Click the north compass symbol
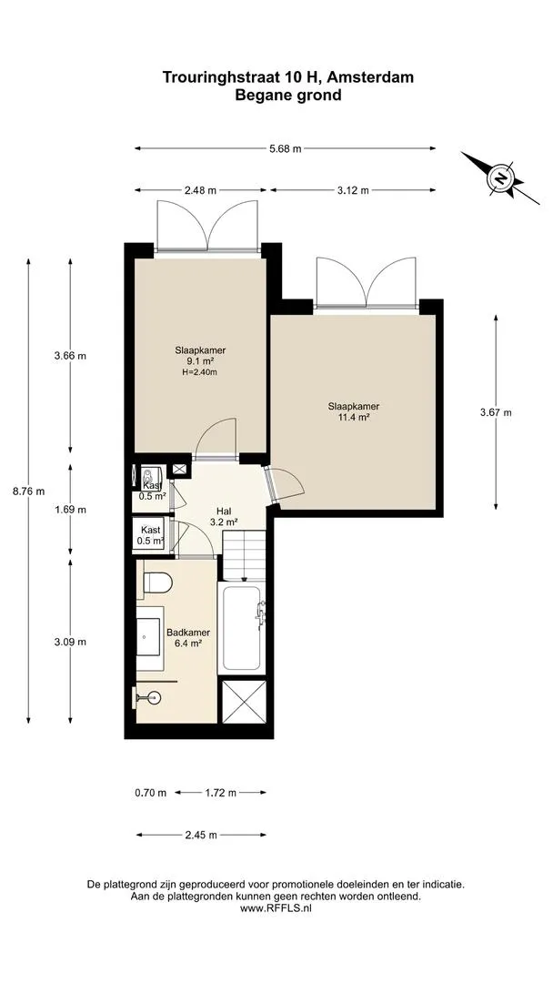(500, 178)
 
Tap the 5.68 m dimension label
(285, 148)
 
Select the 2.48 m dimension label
(200, 190)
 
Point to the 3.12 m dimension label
(352, 190)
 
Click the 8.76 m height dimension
(29, 491)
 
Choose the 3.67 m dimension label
(496, 412)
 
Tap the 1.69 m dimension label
(70, 510)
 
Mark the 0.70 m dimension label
(151, 793)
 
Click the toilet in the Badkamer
(156, 582)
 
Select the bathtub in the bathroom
(241, 628)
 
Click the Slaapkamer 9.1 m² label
(200, 356)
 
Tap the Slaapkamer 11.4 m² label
(354, 410)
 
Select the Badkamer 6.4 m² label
(188, 637)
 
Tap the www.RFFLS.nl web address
(276, 907)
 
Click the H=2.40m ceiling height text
(200, 372)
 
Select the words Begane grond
(288, 96)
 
